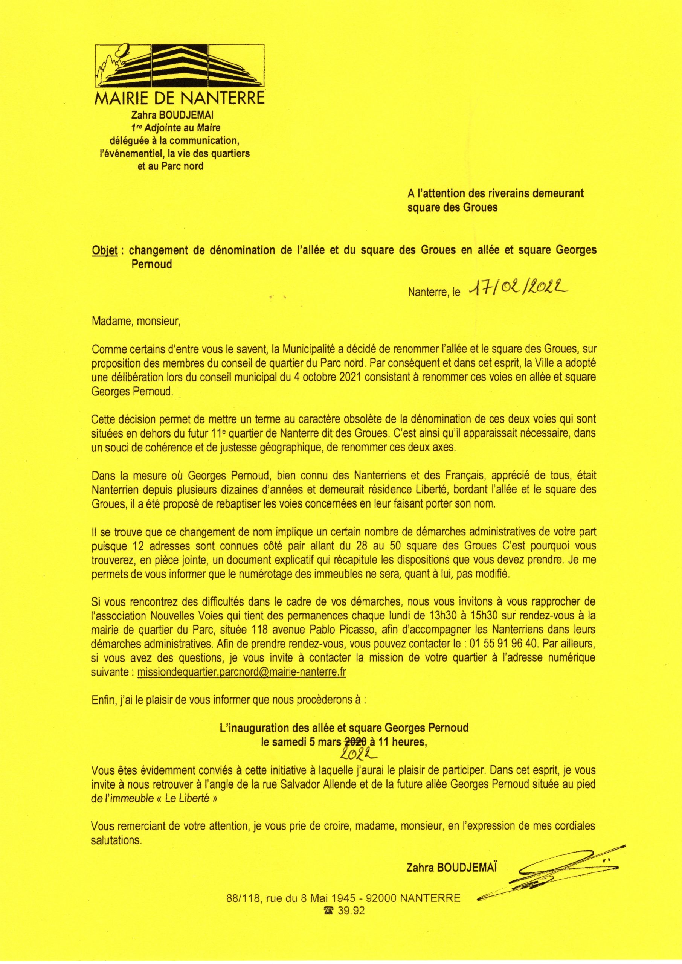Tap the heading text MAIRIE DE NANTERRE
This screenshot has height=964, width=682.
tap(180, 99)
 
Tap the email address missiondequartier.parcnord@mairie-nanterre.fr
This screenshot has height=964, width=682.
tap(241, 672)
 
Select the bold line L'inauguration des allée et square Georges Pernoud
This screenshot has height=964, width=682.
tap(344, 728)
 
